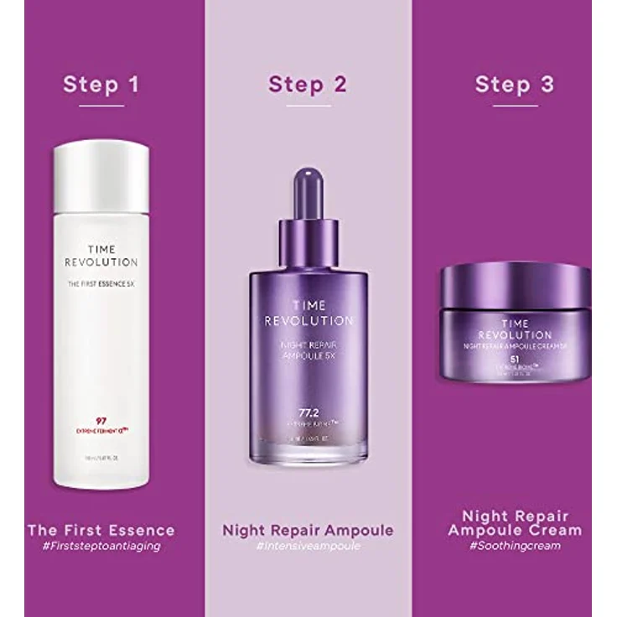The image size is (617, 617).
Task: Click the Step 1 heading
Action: point(101,85)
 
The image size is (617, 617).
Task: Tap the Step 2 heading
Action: point(307,85)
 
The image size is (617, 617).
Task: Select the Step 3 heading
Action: point(514,85)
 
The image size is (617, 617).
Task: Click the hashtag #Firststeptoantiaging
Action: point(101,546)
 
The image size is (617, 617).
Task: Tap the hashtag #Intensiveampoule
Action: point(307,546)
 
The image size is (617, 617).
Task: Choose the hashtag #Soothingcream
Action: point(514,546)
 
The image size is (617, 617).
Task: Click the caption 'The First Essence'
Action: point(101,530)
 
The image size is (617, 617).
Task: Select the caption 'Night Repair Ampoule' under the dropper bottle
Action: point(307,530)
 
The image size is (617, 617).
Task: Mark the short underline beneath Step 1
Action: point(101,106)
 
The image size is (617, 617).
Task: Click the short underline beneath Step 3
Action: point(514,106)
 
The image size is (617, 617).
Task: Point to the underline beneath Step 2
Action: point(307,106)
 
